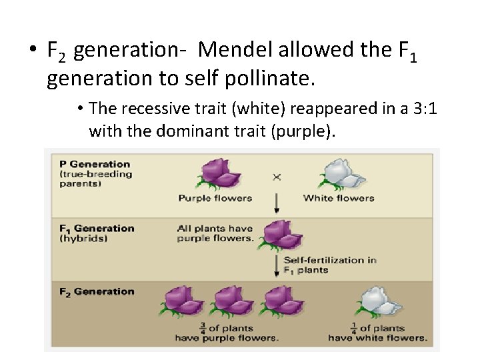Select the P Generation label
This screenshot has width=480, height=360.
click(x=95, y=164)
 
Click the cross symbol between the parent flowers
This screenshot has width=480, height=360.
click(x=277, y=177)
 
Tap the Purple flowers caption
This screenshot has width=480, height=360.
click(x=215, y=197)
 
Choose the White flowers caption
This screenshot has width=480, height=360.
click(x=339, y=197)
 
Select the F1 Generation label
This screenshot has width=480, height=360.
click(x=96, y=228)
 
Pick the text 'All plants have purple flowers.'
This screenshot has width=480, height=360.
click(x=215, y=233)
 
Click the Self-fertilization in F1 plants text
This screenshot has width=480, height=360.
click(x=329, y=265)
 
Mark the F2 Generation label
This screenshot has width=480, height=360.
click(x=96, y=291)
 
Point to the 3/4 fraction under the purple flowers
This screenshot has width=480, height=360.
click(x=202, y=328)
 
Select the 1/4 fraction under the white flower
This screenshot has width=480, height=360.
click(x=353, y=328)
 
